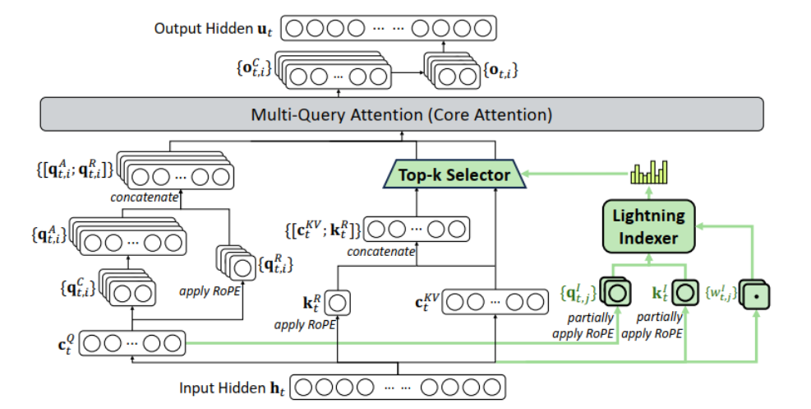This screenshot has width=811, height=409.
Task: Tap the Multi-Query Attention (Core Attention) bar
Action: (x=402, y=114)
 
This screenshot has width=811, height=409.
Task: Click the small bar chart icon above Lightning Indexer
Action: (x=649, y=172)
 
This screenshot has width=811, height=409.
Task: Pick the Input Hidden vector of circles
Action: (x=398, y=387)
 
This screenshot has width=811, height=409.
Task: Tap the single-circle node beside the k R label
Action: (x=336, y=304)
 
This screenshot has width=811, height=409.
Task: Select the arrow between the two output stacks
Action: (x=406, y=72)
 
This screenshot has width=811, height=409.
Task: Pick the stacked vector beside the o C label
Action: (x=333, y=75)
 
